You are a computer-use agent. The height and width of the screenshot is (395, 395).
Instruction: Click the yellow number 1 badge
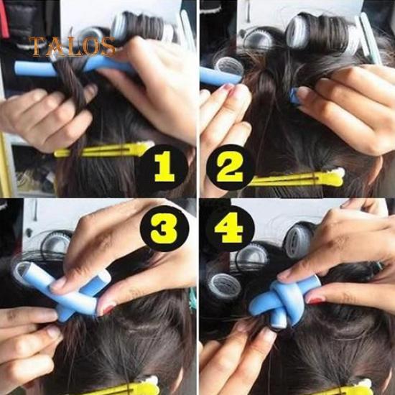[x=164, y=167]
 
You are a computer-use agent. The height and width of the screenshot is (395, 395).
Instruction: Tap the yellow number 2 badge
[x=230, y=167]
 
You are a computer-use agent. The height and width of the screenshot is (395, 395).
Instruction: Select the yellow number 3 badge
[x=164, y=228]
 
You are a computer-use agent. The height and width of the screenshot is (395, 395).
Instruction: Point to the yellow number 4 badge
[x=230, y=228]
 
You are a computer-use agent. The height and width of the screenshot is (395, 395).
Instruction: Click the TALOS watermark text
[x=73, y=47]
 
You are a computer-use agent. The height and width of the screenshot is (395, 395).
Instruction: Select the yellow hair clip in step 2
[x=297, y=178]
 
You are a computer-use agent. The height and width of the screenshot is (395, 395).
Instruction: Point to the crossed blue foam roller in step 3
[x=63, y=289]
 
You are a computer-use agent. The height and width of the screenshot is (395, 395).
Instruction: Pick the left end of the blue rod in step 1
[x=16, y=68]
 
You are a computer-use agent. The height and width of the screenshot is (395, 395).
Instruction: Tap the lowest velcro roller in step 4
[x=223, y=286]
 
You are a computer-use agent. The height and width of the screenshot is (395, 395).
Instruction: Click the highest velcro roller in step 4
[x=297, y=241]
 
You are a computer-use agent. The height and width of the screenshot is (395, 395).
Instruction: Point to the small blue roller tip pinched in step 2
[x=294, y=96]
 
